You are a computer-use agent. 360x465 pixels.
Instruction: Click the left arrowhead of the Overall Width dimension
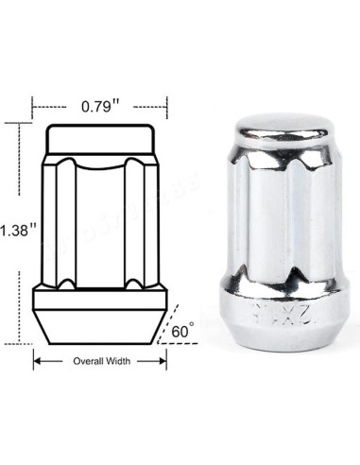click(x=38, y=361)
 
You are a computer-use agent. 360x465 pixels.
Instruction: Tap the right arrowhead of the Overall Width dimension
click(x=163, y=361)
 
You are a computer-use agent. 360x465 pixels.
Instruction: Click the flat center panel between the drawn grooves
click(x=99, y=222)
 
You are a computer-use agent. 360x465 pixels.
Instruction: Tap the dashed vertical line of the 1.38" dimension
click(x=20, y=180)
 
